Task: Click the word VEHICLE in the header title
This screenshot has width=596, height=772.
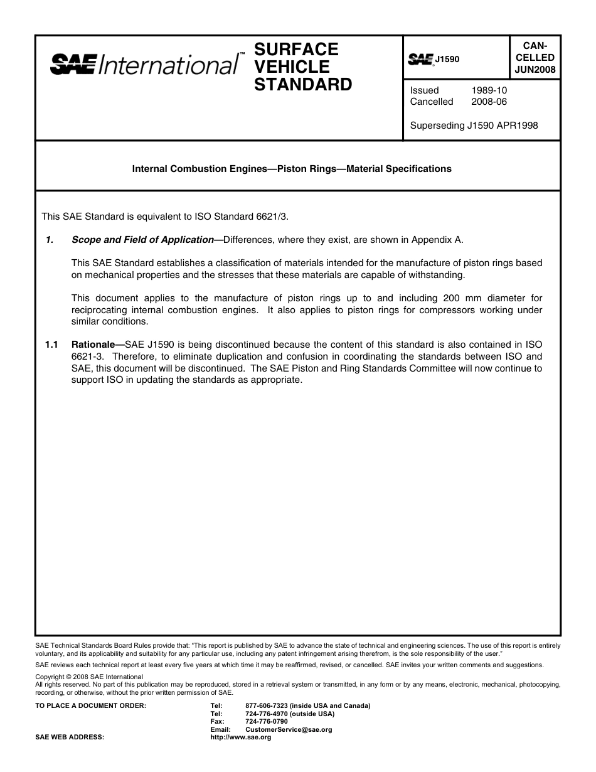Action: click(292, 67)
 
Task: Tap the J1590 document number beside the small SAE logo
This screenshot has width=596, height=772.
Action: click(447, 59)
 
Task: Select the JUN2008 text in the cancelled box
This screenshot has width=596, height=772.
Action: click(535, 70)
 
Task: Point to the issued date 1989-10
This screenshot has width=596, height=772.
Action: click(489, 90)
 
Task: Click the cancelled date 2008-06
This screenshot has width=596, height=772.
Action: click(489, 102)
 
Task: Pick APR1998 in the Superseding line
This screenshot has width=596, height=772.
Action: click(516, 126)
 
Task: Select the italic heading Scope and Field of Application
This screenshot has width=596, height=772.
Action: click(142, 239)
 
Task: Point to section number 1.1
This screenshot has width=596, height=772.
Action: click(51, 345)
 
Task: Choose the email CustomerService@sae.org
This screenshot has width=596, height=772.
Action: click(289, 730)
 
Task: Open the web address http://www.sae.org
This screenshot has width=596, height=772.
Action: click(240, 737)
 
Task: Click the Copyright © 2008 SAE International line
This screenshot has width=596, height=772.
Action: click(89, 677)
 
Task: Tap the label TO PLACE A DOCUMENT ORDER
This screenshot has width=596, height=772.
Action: click(91, 706)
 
